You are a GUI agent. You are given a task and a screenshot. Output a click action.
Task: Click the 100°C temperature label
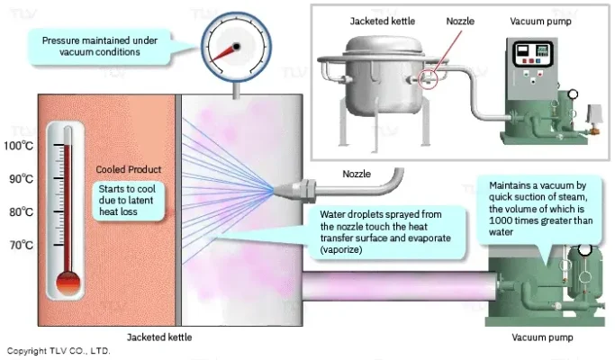click(19, 145)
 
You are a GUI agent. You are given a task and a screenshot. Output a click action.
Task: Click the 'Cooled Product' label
click(128, 169)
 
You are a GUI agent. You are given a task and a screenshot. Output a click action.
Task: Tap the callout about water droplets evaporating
click(386, 231)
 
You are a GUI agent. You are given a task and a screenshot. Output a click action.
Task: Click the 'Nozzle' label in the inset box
click(460, 20)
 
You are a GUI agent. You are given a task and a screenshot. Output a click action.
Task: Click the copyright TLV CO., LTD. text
click(58, 350)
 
